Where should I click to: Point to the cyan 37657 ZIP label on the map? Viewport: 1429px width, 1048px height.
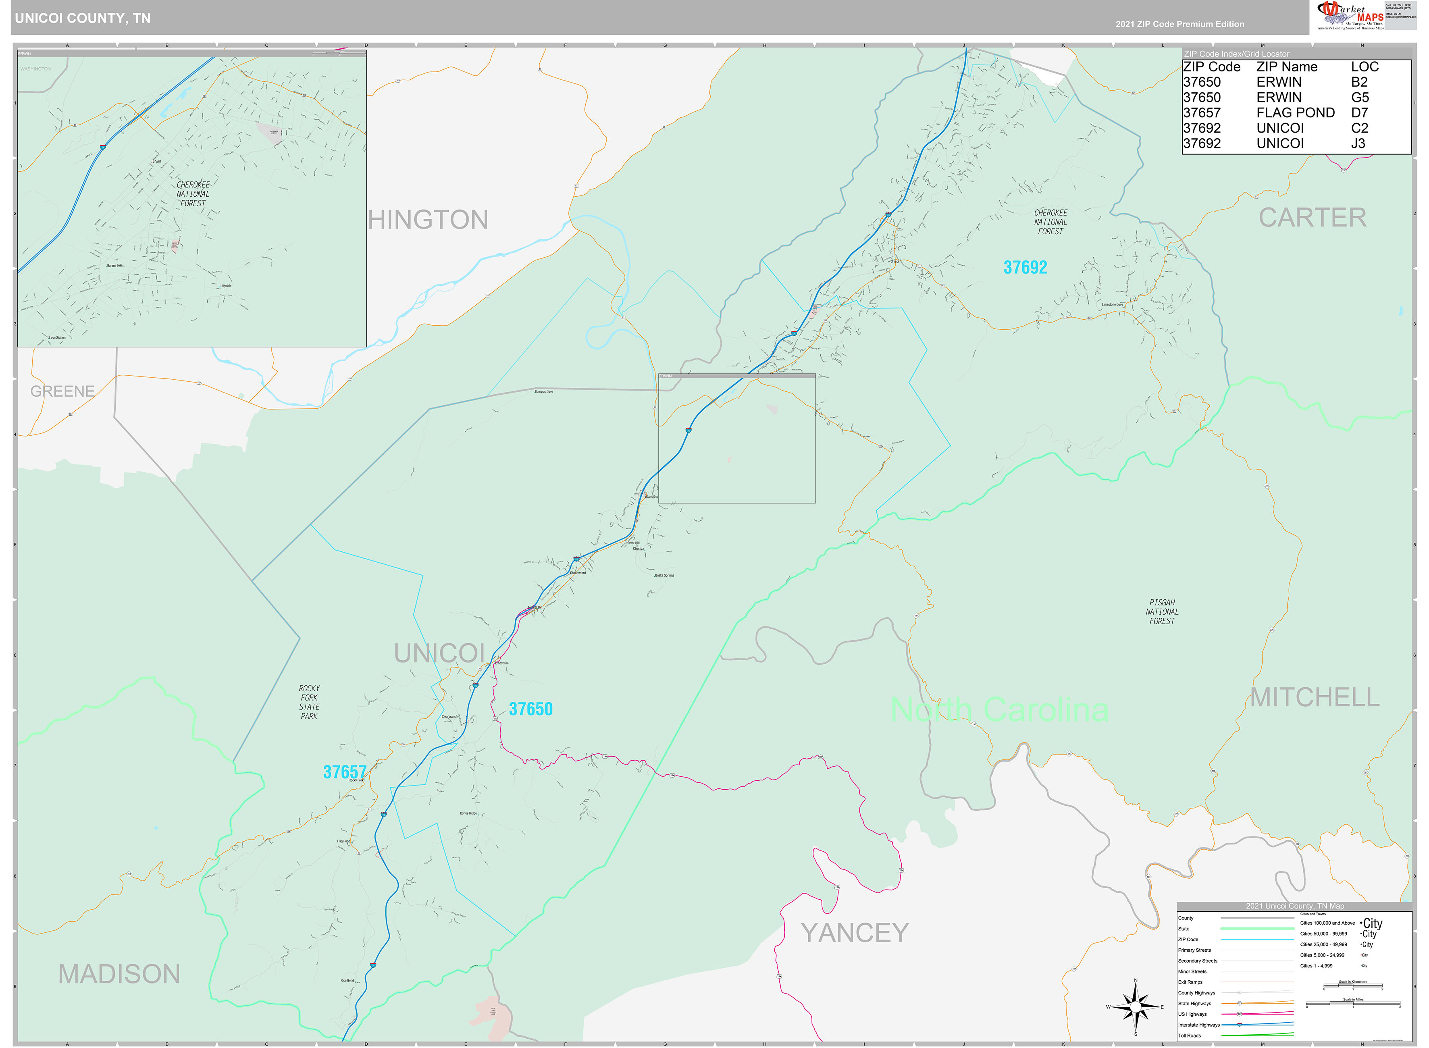click(x=344, y=772)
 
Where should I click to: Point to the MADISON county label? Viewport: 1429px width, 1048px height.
click(x=119, y=974)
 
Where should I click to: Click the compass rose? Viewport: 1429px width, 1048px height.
click(x=1135, y=1007)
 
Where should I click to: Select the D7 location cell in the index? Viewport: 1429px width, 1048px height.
click(x=1359, y=113)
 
